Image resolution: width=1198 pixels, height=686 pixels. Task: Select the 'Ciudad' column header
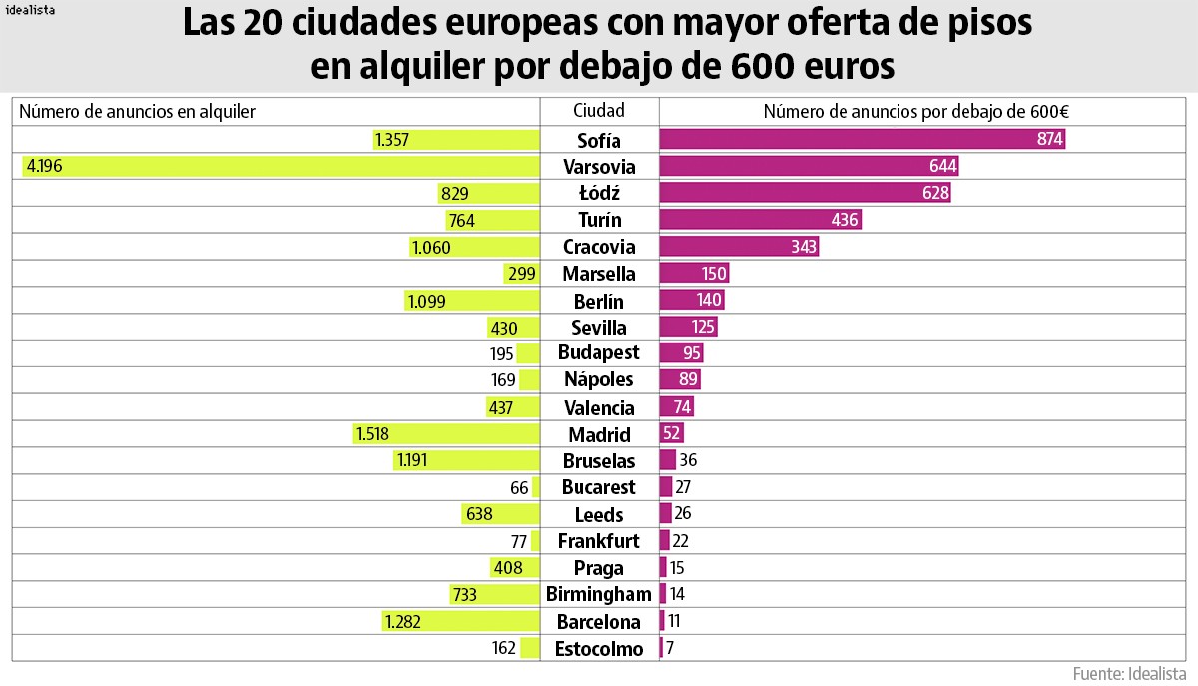coord(599,111)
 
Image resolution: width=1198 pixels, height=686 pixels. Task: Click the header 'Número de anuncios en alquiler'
coord(138,112)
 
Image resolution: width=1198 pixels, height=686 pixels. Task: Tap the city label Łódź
coord(599,193)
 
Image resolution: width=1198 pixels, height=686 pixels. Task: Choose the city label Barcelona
coord(599,622)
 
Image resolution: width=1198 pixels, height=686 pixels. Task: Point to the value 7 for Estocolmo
coord(670,649)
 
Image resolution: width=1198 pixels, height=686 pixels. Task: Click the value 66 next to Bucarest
coord(519,488)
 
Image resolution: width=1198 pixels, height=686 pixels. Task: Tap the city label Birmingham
coord(599,595)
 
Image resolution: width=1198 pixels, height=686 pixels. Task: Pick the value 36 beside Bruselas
coord(688,461)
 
